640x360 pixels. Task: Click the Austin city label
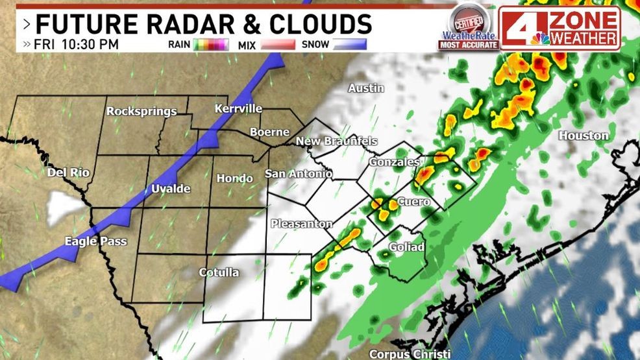pyautogui.click(x=366, y=88)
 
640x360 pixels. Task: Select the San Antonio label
pyautogui.click(x=299, y=174)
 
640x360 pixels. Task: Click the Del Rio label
pyautogui.click(x=68, y=173)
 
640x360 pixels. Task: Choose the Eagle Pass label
pyautogui.click(x=95, y=241)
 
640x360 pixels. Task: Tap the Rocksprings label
pyautogui.click(x=142, y=111)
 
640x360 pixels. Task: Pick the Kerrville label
pyautogui.click(x=238, y=108)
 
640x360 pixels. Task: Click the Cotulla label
pyautogui.click(x=218, y=272)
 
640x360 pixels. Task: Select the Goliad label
pyautogui.click(x=406, y=247)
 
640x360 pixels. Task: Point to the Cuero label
pyautogui.click(x=413, y=202)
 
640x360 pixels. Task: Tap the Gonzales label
pyautogui.click(x=395, y=162)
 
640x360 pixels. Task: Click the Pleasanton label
pyautogui.click(x=301, y=224)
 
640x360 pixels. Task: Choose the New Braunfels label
pyautogui.click(x=336, y=141)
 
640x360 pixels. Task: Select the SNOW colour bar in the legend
pyautogui.click(x=349, y=45)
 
